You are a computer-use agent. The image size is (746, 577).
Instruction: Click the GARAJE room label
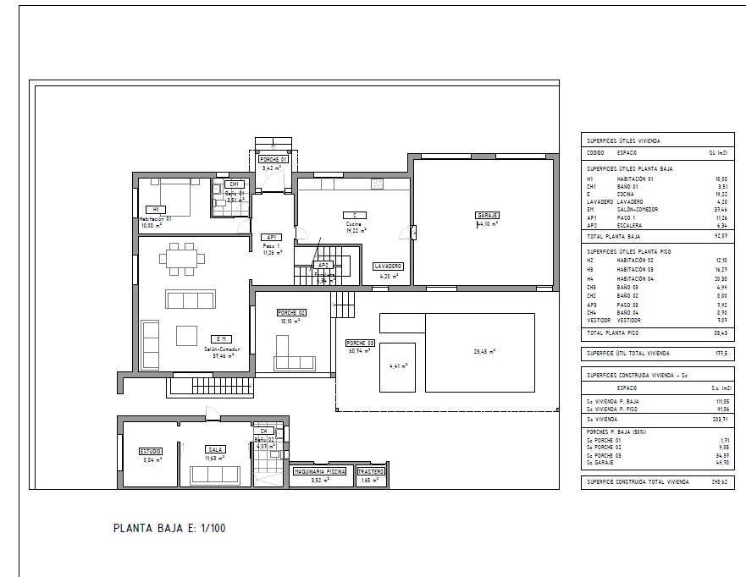487,216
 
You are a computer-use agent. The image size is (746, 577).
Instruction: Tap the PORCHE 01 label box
273,159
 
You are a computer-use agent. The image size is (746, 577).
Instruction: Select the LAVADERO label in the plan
388,267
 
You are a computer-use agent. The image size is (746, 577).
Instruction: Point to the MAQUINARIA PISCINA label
318,472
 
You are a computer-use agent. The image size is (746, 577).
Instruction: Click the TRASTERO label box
371,472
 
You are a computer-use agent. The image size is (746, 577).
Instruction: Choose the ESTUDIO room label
151,452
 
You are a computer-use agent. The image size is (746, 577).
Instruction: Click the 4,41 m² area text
398,366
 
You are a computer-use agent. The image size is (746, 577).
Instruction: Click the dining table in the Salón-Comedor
180,258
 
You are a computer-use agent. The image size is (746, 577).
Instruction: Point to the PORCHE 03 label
360,343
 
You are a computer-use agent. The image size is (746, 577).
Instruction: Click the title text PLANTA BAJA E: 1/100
169,529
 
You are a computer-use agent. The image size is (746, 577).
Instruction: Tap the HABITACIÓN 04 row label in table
635,278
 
